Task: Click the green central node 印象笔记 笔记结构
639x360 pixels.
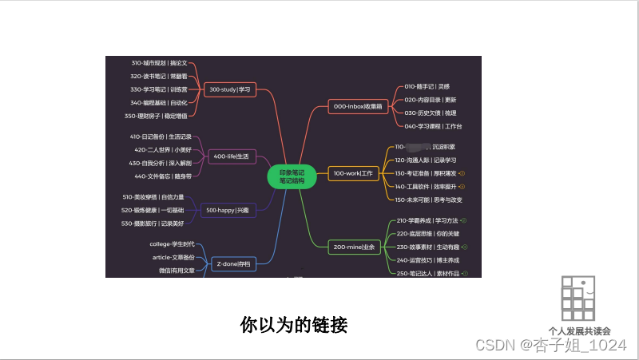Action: pos(292,176)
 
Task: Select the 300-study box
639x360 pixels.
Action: pos(229,90)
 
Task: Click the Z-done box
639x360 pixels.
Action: pos(233,263)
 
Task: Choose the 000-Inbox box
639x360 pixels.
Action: pos(359,105)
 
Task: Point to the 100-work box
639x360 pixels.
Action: pos(354,173)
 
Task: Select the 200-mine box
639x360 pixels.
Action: pos(354,247)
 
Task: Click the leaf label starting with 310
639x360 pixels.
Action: pos(159,62)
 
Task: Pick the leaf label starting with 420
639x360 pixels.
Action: pos(162,149)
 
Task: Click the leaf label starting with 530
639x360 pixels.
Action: pos(153,224)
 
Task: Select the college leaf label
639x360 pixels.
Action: pos(172,244)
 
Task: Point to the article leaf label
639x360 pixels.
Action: pos(173,257)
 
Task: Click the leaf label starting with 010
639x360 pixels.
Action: pos(427,86)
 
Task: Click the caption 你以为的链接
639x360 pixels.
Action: pos(294,325)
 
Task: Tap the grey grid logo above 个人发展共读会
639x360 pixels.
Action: pos(578,299)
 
